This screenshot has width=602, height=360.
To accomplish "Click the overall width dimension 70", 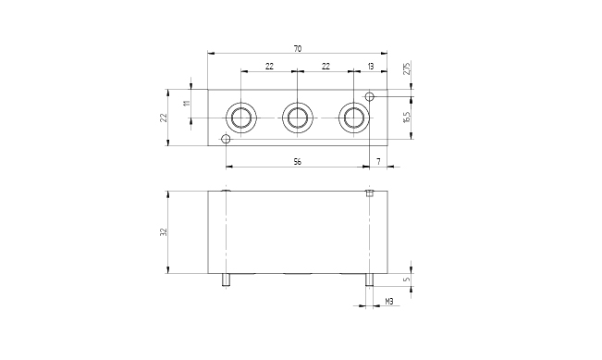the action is pyautogui.click(x=298, y=49).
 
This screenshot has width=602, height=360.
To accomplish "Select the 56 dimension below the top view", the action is pyautogui.click(x=298, y=162).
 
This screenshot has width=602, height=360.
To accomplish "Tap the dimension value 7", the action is pyautogui.click(x=378, y=162).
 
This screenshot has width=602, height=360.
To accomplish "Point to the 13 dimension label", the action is pyautogui.click(x=371, y=67).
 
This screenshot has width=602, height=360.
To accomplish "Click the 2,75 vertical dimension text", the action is pyautogui.click(x=407, y=68).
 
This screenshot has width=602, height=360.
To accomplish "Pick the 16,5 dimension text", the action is pyautogui.click(x=407, y=117).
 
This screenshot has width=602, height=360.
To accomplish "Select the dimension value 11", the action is pyautogui.click(x=187, y=103).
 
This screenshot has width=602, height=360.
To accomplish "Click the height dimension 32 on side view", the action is pyautogui.click(x=164, y=232).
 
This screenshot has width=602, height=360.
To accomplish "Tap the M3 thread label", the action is pyautogui.click(x=389, y=302).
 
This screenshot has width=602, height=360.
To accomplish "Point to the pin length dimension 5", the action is pyautogui.click(x=408, y=279).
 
